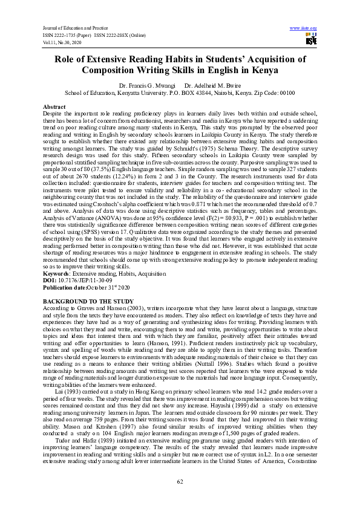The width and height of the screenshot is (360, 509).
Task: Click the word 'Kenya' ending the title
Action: pos(244,70)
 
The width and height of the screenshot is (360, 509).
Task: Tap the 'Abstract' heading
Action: pos(54,106)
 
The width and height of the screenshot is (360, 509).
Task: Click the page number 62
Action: pos(180,481)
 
